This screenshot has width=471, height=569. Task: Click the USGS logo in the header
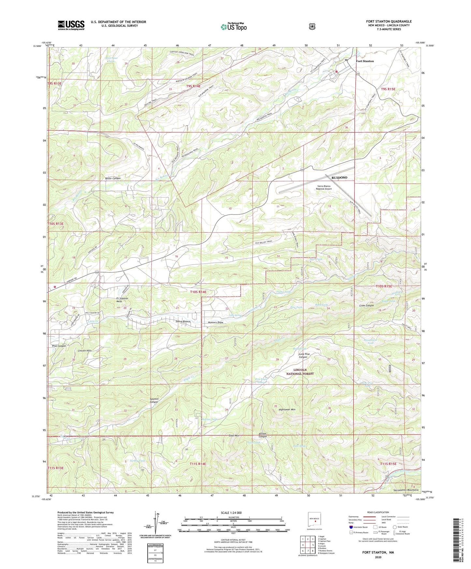point(71,25)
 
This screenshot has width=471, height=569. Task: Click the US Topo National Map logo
point(233,27)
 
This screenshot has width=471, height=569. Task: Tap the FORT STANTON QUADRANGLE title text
point(389,22)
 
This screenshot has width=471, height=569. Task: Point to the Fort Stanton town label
point(365,61)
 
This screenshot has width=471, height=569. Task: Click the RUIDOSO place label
point(339,178)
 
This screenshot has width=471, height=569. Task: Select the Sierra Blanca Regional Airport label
point(324,187)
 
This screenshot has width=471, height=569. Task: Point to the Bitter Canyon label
point(113,179)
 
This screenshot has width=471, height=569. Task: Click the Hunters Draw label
point(215,323)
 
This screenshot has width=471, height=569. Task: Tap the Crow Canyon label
point(366,306)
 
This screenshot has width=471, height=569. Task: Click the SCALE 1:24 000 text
point(231,513)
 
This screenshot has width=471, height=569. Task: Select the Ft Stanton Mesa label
point(122,300)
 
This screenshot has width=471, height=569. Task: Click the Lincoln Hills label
point(85,351)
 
